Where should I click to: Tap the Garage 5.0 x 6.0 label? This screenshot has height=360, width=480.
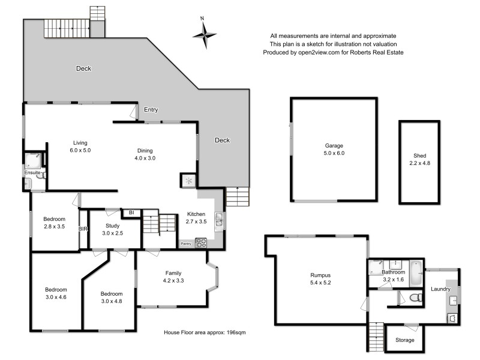pos(335,149)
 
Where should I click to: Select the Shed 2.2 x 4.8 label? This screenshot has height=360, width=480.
pos(419,158)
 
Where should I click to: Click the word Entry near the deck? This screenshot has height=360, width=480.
pos(151,110)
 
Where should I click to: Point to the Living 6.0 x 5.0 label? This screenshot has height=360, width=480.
pos(80,146)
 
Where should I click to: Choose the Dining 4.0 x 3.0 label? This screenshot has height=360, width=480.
pos(144,154)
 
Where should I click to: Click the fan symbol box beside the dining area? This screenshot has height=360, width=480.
pos(188,180)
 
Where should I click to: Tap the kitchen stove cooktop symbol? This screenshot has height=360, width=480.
pos(202,243)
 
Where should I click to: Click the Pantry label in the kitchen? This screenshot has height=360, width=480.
pos(186,244)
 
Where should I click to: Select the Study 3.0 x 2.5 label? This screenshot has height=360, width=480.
pos(112,229)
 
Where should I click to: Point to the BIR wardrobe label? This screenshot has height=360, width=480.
pos(83,229)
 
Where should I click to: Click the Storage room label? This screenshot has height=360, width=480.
pos(405,340)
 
